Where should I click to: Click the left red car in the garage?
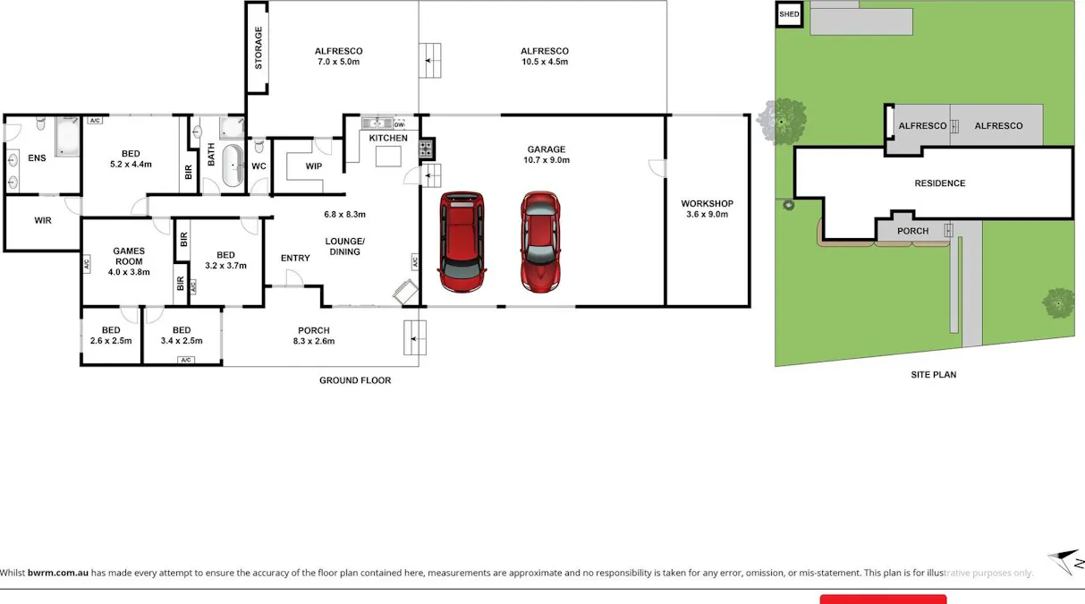click(462, 242)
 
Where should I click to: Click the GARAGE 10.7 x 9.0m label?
click(547, 155)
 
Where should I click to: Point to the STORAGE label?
click(259, 48)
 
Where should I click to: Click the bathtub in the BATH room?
click(233, 166)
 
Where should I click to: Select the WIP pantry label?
click(313, 166)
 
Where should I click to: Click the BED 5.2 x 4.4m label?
click(131, 159)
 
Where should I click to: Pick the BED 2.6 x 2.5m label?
click(111, 336)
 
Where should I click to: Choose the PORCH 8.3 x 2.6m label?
click(314, 336)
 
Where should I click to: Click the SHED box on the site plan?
click(789, 14)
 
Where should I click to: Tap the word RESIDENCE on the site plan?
click(939, 183)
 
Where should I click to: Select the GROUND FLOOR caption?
click(355, 380)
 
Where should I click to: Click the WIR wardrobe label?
click(42, 220)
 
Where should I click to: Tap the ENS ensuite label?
click(37, 158)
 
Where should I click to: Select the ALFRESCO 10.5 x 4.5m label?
click(545, 56)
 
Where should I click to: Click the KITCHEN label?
click(388, 138)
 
